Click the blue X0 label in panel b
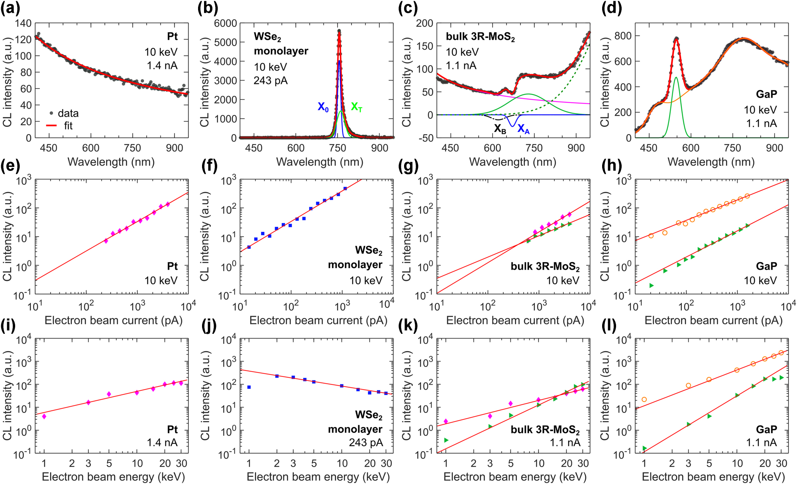pos(323,107)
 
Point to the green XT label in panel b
pos(356,107)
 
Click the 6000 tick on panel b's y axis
pos(226,23)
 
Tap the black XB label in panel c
pos(500,129)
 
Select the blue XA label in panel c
pos(523,129)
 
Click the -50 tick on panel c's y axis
pos(425,138)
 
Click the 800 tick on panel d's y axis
pos(623,36)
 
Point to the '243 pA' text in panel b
pos(271,81)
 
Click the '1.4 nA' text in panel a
pos(162,66)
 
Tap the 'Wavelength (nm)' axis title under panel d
pos(711,162)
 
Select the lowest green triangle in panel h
pos(652,285)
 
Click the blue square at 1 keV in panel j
pos(249,387)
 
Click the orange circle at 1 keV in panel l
pos(644,400)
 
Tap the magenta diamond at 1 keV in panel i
pos(44,416)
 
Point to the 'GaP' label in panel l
pos(766,429)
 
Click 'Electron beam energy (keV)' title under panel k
pos(515,477)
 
